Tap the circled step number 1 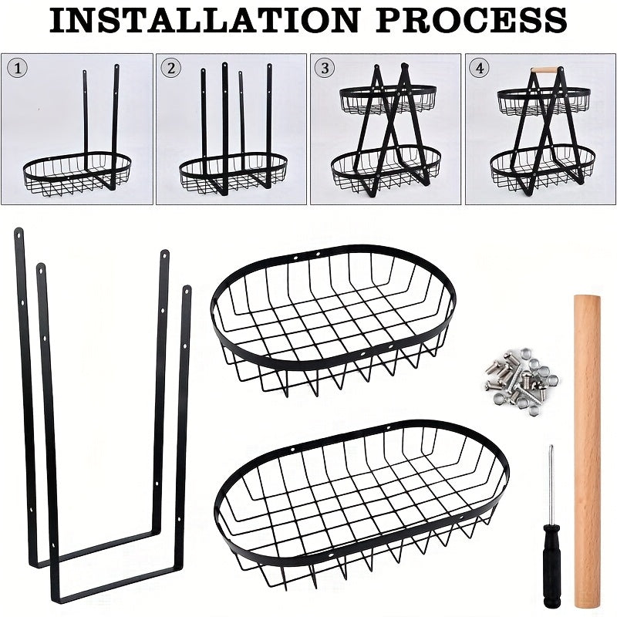pos(20,68)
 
